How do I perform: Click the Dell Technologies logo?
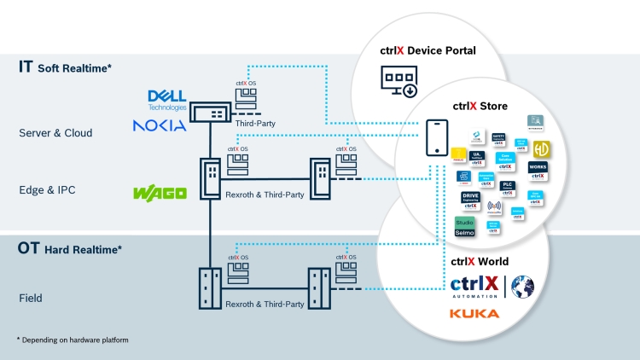(167, 99)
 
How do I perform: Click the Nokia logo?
(160, 125)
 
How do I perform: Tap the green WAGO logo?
(160, 194)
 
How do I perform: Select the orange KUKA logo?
(474, 314)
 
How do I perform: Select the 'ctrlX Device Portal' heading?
(428, 50)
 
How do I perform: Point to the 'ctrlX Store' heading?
(480, 107)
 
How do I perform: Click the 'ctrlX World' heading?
(479, 262)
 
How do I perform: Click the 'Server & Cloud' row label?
(55, 133)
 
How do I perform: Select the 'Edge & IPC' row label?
(48, 190)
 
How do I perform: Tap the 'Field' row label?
(32, 299)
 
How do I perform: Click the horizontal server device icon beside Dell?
(209, 113)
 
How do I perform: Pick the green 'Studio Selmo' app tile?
(465, 228)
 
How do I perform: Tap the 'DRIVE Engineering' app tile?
(470, 200)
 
